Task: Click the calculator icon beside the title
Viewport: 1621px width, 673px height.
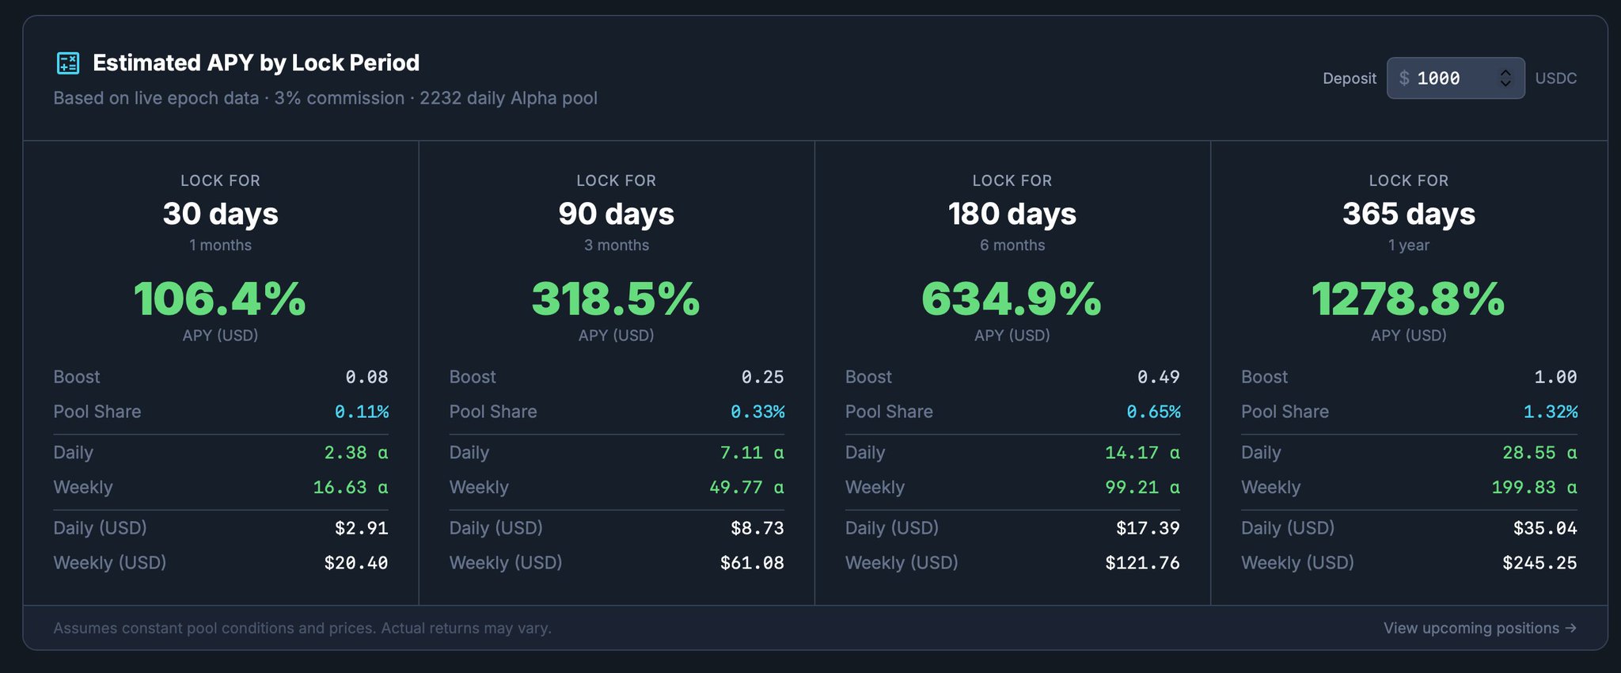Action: click(x=68, y=63)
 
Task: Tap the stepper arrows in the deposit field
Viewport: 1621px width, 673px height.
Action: click(x=1505, y=78)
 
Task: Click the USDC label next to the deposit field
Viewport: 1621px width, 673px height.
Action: click(x=1555, y=78)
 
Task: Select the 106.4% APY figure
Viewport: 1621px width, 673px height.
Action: click(x=220, y=299)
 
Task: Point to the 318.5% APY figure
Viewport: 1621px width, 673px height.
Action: click(x=616, y=299)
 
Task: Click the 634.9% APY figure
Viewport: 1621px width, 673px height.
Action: click(x=1012, y=299)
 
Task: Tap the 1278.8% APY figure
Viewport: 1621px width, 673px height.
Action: click(x=1408, y=299)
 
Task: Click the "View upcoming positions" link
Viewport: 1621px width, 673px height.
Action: click(x=1479, y=628)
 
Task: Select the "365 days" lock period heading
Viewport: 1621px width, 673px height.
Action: click(x=1409, y=214)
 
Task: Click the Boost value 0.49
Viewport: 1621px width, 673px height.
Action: click(x=1158, y=377)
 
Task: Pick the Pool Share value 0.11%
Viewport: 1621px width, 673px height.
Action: click(x=362, y=412)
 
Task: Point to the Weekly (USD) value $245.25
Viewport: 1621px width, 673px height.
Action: click(x=1539, y=563)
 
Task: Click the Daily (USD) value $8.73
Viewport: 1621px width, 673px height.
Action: click(x=757, y=528)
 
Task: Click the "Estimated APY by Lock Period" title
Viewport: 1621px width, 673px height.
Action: click(x=256, y=63)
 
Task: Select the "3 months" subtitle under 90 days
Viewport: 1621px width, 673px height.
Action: click(x=616, y=245)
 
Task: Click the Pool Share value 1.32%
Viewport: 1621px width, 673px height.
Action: click(x=1550, y=412)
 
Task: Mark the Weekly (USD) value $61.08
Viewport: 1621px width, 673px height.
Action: click(x=752, y=563)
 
